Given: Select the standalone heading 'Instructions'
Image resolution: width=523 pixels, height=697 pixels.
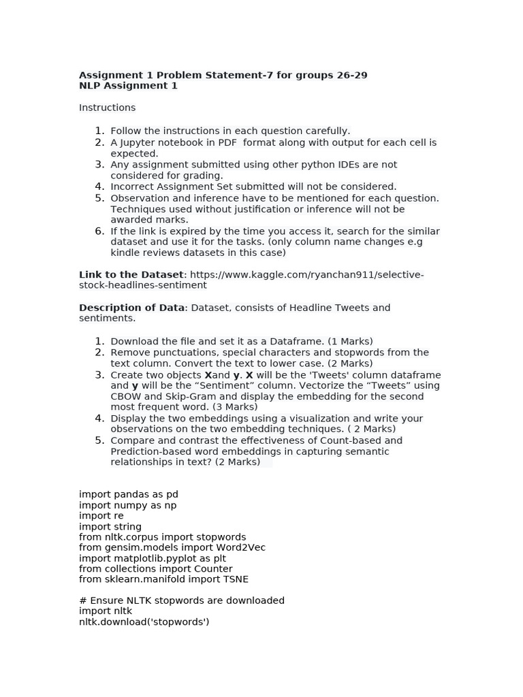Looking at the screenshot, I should click(x=107, y=108).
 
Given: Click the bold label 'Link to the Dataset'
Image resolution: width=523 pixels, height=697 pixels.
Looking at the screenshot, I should click(x=131, y=274).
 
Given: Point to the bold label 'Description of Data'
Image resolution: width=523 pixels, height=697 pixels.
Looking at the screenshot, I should click(x=131, y=308).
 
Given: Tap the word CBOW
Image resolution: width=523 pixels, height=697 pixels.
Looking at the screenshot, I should click(x=125, y=396).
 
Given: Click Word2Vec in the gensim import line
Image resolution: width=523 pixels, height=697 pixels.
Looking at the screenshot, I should click(x=242, y=547).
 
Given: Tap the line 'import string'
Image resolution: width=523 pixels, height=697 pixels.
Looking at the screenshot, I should click(x=110, y=526).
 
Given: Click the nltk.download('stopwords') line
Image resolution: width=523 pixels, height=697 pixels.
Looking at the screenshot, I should click(x=144, y=621).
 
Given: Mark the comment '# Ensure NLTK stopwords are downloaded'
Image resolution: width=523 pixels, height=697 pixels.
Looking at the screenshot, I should click(x=182, y=600).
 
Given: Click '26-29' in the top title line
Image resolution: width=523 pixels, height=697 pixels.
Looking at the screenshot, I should click(x=351, y=75).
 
